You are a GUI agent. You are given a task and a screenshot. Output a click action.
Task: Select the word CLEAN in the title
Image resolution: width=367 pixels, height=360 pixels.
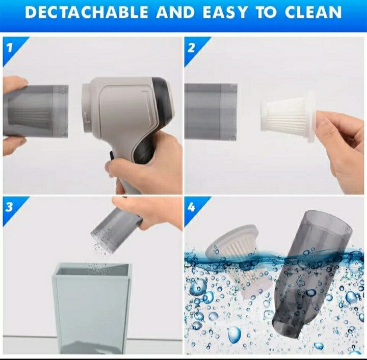[310, 13]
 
